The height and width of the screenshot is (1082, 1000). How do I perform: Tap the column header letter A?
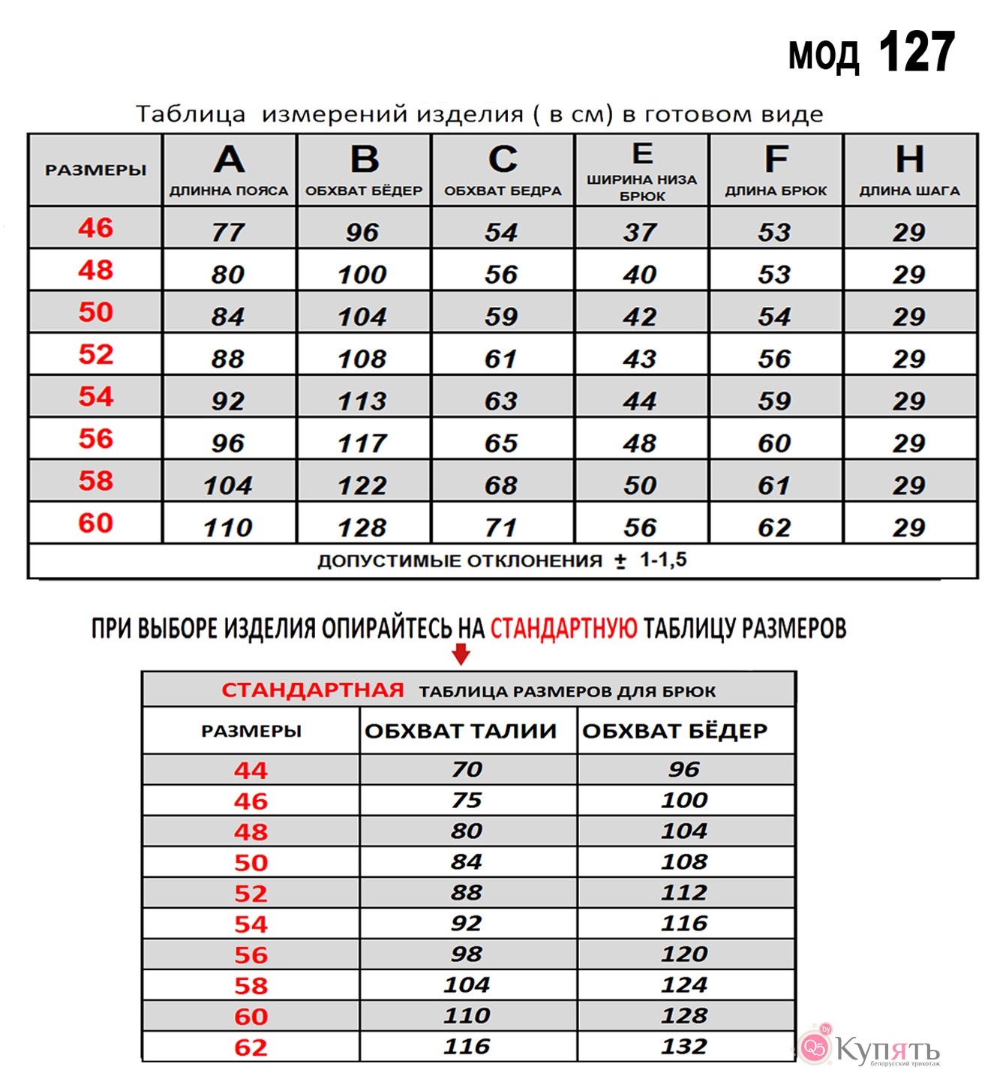tap(229, 159)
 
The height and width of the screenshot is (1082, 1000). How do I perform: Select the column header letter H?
tap(909, 159)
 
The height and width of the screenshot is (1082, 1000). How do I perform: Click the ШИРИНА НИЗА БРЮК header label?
tap(641, 188)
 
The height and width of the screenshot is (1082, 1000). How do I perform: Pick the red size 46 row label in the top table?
tap(95, 227)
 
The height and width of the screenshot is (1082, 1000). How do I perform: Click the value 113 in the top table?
tap(362, 401)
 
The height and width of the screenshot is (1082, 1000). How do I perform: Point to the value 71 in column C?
tap(501, 527)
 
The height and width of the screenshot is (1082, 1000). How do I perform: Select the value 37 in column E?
tap(640, 232)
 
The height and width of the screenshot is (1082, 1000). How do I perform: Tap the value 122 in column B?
tap(362, 485)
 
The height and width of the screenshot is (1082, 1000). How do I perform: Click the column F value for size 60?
tap(774, 527)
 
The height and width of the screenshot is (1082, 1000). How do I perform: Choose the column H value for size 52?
tap(908, 359)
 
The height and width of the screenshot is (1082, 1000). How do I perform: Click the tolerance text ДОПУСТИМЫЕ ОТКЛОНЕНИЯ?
tap(460, 561)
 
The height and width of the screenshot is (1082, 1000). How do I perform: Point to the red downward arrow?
tap(461, 654)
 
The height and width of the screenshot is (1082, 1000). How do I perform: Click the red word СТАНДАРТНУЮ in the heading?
tap(563, 628)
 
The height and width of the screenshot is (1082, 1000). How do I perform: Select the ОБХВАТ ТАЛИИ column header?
tap(461, 730)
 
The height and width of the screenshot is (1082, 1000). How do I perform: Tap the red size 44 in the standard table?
tap(251, 770)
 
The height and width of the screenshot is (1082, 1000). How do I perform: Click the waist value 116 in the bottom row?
tap(467, 1046)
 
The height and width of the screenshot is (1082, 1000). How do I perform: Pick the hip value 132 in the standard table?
tap(684, 1046)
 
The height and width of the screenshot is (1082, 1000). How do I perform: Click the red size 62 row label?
tap(251, 1047)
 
